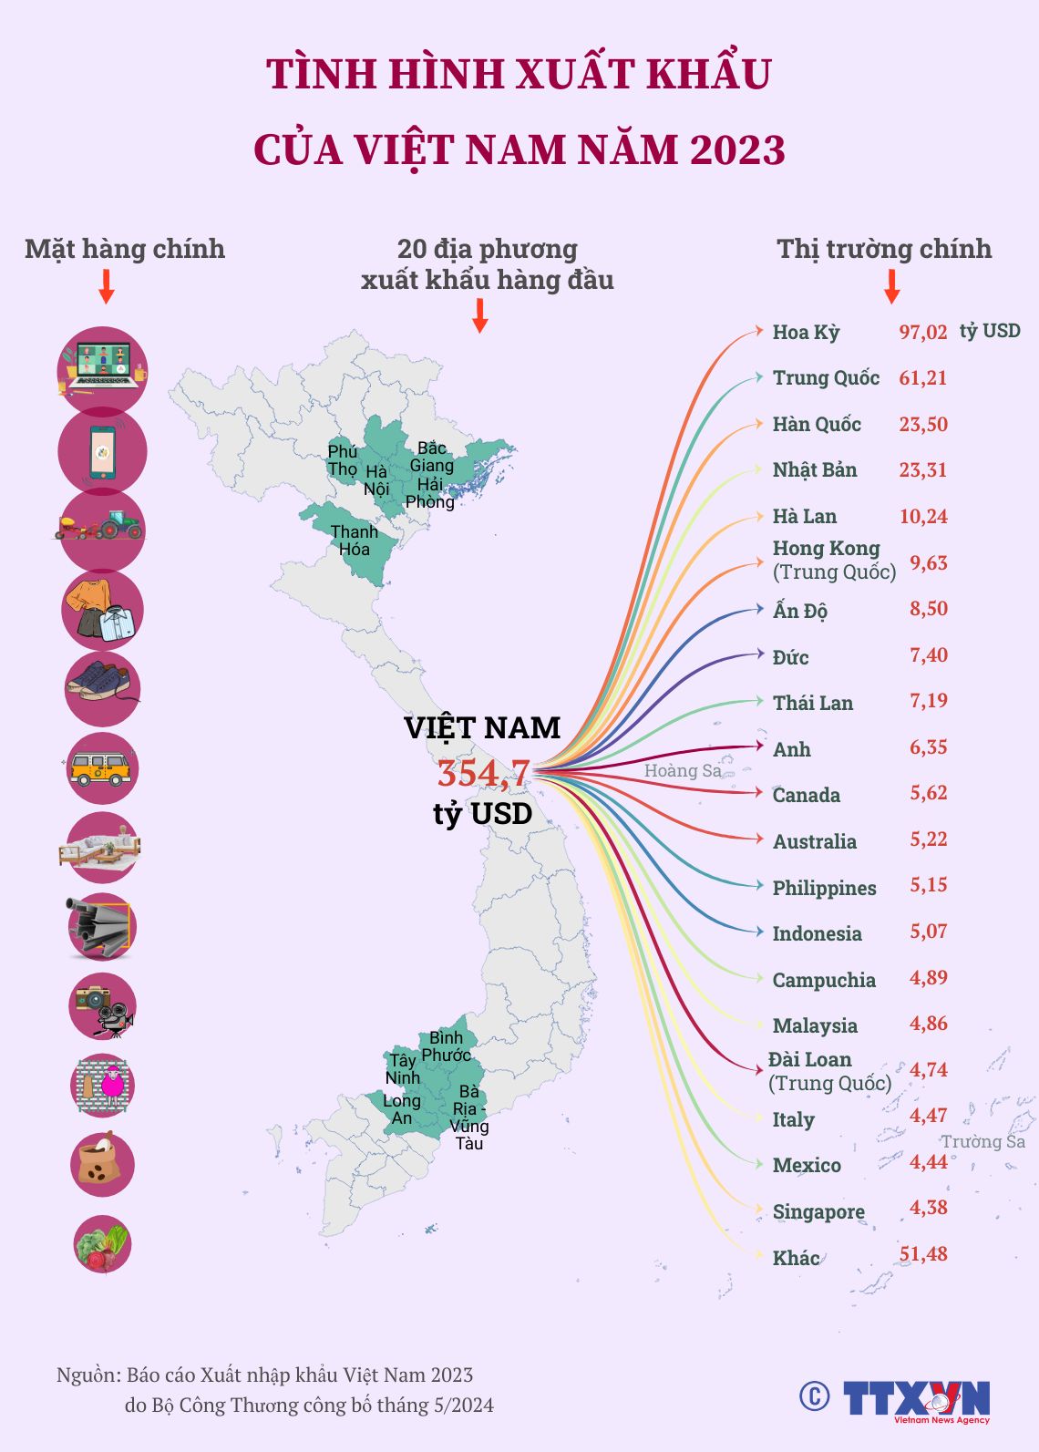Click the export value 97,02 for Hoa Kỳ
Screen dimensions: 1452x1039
(x=923, y=332)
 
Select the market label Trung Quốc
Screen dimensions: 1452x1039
(x=826, y=378)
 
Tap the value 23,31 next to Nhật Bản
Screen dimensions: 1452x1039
(x=923, y=470)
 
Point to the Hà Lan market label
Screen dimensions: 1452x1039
(x=804, y=517)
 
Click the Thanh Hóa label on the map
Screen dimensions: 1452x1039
(x=355, y=541)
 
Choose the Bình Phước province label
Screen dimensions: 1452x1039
(x=446, y=1046)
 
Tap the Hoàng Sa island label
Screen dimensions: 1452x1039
(x=683, y=771)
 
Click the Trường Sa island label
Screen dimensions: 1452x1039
(x=982, y=1142)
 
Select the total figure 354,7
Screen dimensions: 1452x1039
(x=483, y=774)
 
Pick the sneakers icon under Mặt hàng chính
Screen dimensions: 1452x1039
(x=102, y=688)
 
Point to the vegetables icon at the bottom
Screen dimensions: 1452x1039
(x=102, y=1244)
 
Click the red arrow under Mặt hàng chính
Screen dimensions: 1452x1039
(x=107, y=286)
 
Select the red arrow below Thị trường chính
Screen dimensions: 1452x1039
(x=892, y=286)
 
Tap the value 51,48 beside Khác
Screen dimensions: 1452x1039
(x=923, y=1254)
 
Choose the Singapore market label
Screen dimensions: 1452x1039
(x=818, y=1212)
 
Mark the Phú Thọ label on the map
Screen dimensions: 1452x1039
(x=343, y=460)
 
